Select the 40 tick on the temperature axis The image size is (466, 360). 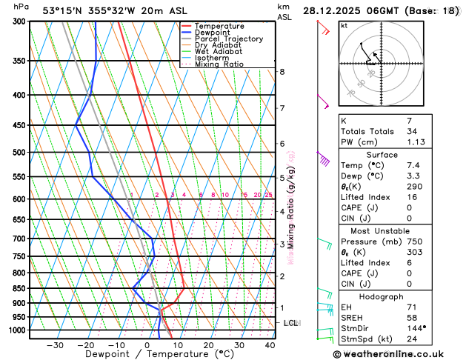click(270, 345)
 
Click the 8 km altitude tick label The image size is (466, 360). click(282, 72)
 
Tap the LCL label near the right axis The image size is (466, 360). click(291, 323)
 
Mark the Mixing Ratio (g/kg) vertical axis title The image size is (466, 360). click(291, 207)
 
